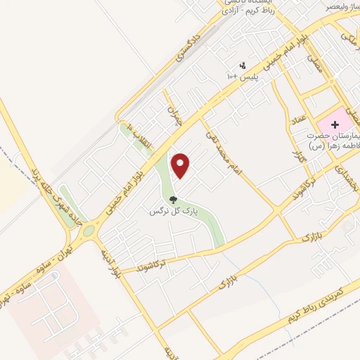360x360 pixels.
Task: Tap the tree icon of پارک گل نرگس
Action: click(173, 200)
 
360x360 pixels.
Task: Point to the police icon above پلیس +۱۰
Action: click(243, 65)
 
